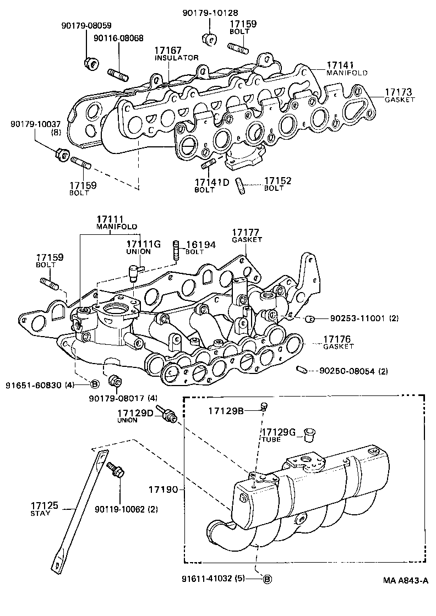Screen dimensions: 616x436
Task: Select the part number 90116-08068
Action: [118, 38]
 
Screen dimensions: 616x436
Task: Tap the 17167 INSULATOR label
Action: [176, 53]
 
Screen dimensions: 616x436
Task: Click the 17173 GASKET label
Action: [399, 95]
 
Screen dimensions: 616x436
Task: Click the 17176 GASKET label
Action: [338, 343]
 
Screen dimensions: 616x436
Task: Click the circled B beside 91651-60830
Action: [94, 384]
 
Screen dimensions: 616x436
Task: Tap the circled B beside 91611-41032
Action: [267, 579]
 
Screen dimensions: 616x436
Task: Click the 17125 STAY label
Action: [41, 508]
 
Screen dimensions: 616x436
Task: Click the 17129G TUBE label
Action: [278, 435]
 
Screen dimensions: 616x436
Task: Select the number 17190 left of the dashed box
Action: [166, 487]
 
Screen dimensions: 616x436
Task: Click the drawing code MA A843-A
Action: [406, 580]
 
